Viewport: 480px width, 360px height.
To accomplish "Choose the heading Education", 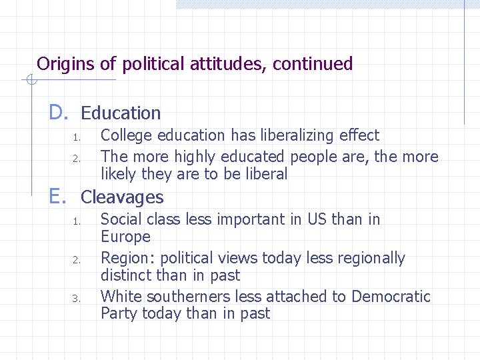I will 121,113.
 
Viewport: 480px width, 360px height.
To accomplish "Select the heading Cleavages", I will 122,197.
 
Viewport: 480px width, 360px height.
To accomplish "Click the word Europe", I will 125,237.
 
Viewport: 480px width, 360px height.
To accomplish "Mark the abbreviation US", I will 317,219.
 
